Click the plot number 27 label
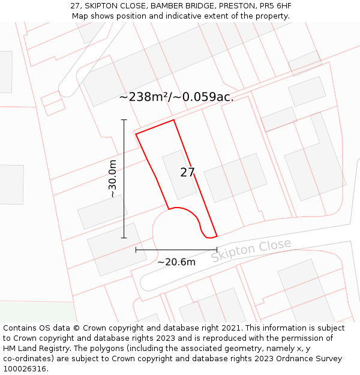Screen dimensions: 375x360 point(187,173)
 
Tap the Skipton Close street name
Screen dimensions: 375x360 point(251,250)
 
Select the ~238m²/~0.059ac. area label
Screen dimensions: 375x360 point(176,97)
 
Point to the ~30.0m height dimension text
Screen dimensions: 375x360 point(112,179)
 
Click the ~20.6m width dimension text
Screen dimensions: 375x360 point(176,262)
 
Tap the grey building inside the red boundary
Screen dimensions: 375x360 point(179,174)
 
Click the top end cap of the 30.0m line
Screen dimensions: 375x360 point(124,120)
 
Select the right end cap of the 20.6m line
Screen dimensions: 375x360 point(217,250)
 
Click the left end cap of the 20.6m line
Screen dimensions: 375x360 point(136,250)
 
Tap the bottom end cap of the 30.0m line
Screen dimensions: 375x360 point(124,238)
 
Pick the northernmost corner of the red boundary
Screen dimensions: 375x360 point(173,120)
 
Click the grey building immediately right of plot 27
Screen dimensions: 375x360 point(235,178)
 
